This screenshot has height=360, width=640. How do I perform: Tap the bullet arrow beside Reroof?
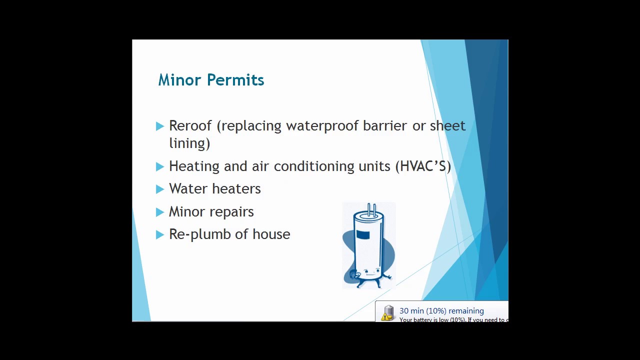160,126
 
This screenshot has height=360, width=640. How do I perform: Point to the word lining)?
189,143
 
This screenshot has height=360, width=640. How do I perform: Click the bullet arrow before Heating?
160,166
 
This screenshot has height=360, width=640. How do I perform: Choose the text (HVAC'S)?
423,166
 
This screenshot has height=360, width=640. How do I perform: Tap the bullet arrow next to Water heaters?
160,189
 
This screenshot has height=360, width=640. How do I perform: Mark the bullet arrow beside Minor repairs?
160,212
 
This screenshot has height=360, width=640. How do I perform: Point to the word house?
271,234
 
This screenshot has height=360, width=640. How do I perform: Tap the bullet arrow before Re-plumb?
160,234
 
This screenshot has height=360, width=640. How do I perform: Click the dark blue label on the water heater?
363,234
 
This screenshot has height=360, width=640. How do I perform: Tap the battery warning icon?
388,313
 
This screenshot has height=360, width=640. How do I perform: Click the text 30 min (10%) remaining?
441,311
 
